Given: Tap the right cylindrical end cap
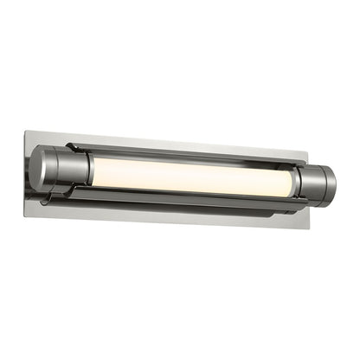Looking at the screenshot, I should pyautogui.click(x=315, y=184).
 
